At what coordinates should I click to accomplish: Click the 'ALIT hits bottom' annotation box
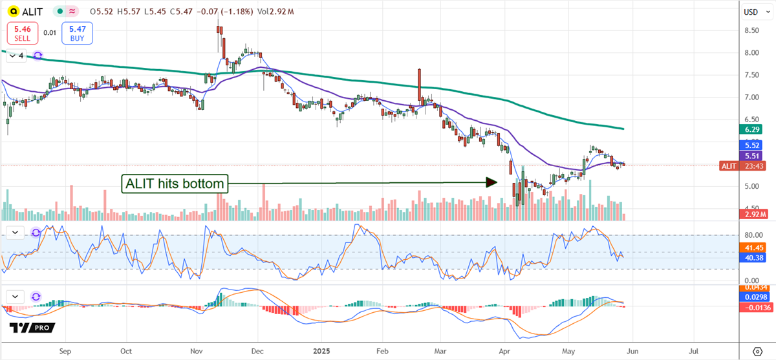tap(175, 184)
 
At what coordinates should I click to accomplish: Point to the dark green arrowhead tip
tap(496, 183)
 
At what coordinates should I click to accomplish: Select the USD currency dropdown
tap(751, 12)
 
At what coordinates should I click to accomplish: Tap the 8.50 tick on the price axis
tap(751, 30)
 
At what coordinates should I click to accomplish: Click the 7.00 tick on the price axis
tap(751, 98)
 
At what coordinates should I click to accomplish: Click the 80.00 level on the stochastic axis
tap(751, 235)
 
